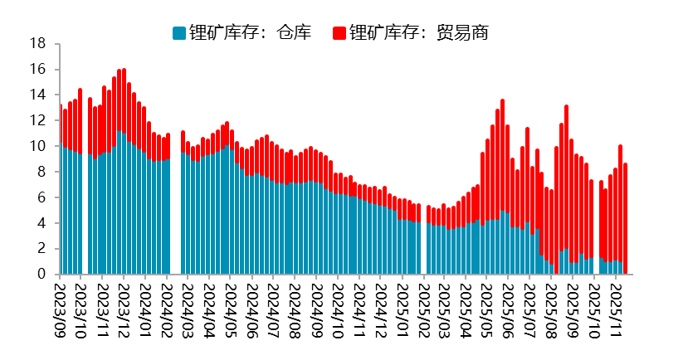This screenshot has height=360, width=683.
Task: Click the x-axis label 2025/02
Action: (x=422, y=309)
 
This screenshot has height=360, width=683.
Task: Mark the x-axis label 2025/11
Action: (x=615, y=309)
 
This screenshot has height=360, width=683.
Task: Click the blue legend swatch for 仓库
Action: (x=179, y=33)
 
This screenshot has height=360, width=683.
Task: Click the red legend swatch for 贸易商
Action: (x=339, y=33)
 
